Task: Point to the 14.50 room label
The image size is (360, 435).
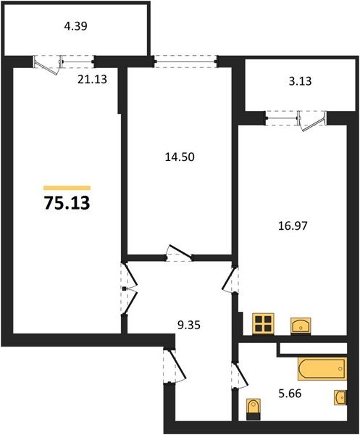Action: click(x=177, y=155)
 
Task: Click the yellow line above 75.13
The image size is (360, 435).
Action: click(x=67, y=188)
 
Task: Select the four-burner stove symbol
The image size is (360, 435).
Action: click(x=263, y=324)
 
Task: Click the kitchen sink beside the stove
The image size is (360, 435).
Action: click(x=301, y=325)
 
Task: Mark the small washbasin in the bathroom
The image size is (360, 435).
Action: click(x=340, y=397)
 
